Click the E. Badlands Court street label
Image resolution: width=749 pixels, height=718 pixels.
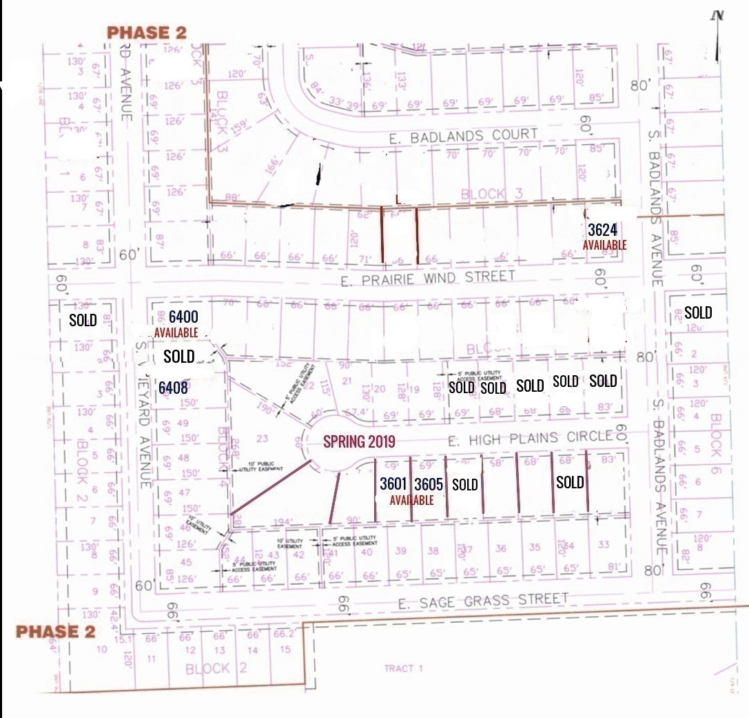(463, 135)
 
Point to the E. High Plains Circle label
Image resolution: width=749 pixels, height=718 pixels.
(530, 437)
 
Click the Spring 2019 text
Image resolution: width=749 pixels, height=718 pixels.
(359, 439)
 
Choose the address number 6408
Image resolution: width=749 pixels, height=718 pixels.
(173, 388)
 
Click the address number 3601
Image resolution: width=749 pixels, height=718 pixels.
(394, 484)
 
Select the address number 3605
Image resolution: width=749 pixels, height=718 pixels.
(428, 484)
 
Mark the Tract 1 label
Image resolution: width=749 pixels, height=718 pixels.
(404, 668)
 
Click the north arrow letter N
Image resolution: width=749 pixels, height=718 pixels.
(719, 15)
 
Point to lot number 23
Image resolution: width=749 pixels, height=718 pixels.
(262, 437)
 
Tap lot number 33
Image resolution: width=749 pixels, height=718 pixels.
(604, 545)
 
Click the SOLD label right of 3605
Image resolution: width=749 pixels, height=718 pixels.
(464, 485)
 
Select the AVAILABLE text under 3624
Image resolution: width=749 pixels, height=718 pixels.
(604, 245)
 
